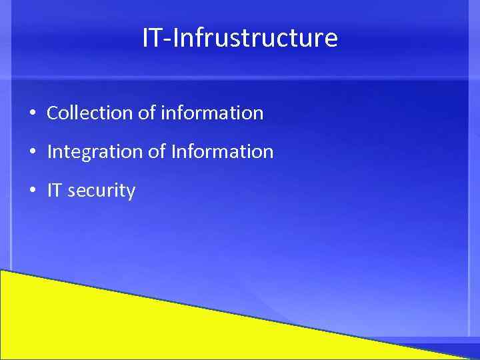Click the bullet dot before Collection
tap(33, 113)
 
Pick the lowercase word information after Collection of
tap(212, 113)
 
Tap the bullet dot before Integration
tap(33, 152)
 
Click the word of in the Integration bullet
tap(157, 152)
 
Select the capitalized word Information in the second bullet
tap(222, 152)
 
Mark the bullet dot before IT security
tap(33, 191)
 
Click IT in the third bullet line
tap(55, 191)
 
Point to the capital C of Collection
tap(53, 113)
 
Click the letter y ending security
tap(131, 194)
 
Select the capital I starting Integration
tap(49, 152)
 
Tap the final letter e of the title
tap(331, 39)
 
